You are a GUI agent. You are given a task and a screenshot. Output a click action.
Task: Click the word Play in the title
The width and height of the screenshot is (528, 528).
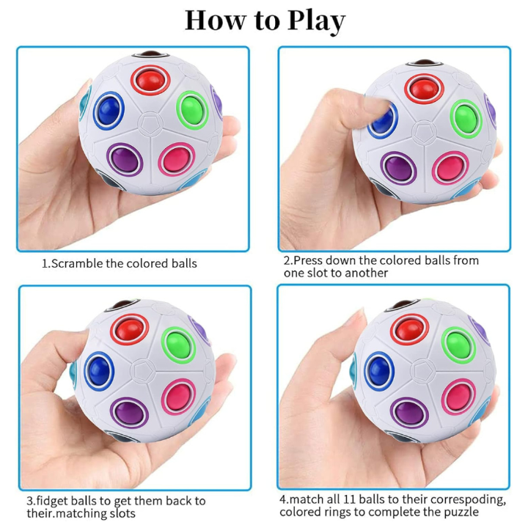click(x=316, y=21)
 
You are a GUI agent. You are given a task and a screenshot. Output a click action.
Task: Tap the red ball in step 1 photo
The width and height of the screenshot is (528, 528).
click(x=150, y=81)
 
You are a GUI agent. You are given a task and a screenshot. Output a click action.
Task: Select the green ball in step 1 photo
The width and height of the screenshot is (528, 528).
click(x=192, y=110)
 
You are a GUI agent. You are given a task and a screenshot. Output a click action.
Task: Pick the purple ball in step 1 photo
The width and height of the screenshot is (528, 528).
click(x=125, y=160)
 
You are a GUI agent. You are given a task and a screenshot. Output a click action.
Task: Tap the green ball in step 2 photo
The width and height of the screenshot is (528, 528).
click(x=466, y=119)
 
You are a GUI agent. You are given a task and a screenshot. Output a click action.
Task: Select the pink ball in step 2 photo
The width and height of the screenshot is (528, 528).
click(x=450, y=168)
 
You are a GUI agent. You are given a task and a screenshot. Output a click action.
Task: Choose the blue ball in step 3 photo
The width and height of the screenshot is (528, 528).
click(x=99, y=370)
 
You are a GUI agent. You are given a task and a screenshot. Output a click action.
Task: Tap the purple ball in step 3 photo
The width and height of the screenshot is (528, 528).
click(x=129, y=412)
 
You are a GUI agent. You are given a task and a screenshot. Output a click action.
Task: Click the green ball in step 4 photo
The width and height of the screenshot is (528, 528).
click(x=458, y=345)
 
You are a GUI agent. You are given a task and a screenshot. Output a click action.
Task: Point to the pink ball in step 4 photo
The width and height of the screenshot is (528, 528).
click(x=458, y=396)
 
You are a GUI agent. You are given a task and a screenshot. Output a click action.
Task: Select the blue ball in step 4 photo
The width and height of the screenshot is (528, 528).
click(x=379, y=371)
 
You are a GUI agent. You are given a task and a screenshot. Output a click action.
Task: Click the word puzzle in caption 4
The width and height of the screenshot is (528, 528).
click(x=461, y=512)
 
